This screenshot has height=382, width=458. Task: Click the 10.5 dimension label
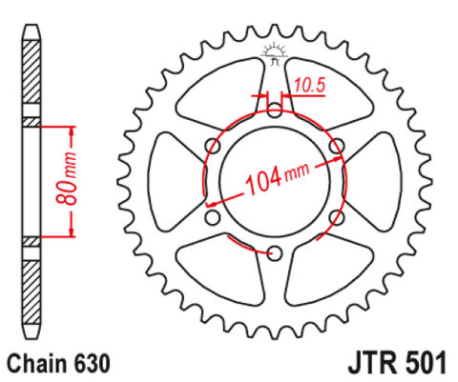(x=309, y=85)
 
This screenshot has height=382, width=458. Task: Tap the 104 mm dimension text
(x=277, y=178)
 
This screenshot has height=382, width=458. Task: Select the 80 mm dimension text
(x=67, y=178)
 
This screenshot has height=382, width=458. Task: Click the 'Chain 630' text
(x=58, y=363)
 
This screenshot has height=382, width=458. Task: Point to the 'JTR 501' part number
(x=397, y=363)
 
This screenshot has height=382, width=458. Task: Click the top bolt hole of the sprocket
(x=275, y=110)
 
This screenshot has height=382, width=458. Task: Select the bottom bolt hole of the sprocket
(x=275, y=253)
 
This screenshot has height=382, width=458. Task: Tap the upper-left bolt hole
(x=213, y=146)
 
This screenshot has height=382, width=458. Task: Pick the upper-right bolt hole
(x=337, y=146)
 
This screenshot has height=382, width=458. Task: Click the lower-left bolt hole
(x=213, y=217)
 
